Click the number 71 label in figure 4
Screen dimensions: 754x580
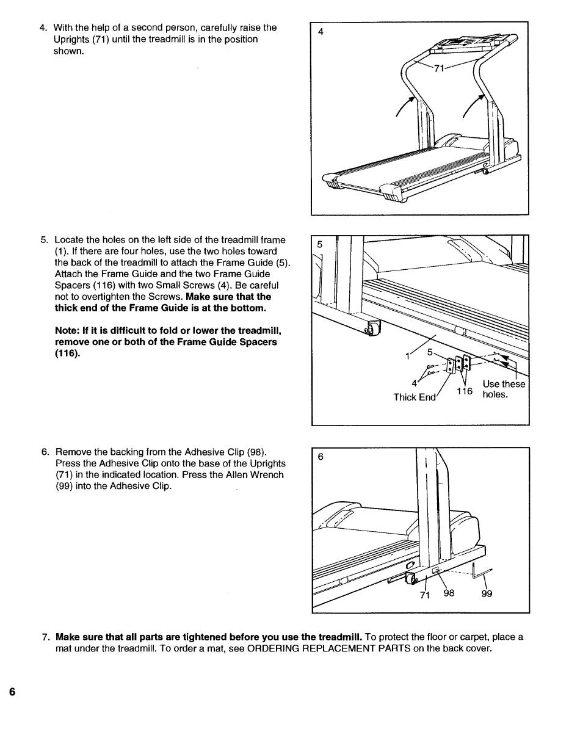click(x=438, y=69)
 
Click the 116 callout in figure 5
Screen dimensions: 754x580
click(x=465, y=391)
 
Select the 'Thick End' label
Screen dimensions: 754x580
click(x=415, y=397)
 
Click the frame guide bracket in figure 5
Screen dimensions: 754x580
click(x=452, y=364)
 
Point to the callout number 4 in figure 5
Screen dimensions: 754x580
click(x=415, y=383)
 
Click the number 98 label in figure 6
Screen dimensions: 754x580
click(x=449, y=593)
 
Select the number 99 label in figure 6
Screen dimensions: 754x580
click(x=487, y=593)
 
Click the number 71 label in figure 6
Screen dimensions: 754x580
click(x=426, y=595)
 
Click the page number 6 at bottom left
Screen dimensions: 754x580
click(x=12, y=692)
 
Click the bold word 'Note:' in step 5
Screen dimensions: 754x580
click(x=68, y=330)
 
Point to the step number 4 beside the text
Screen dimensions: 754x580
click(x=43, y=27)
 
